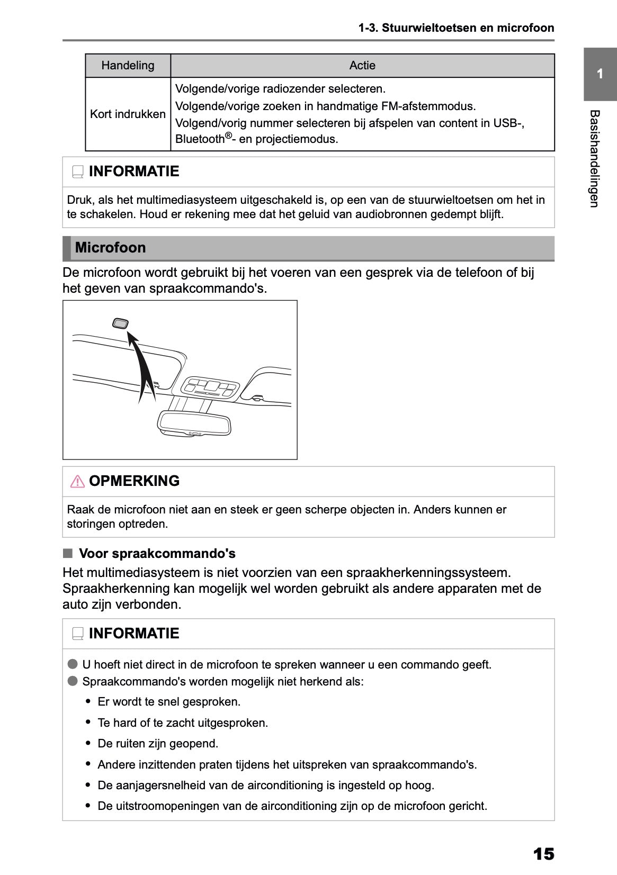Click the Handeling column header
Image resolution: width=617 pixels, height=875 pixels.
(128, 66)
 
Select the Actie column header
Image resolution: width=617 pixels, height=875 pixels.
(362, 66)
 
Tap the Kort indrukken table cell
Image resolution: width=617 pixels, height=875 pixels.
(128, 114)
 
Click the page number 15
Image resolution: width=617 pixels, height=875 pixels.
(543, 854)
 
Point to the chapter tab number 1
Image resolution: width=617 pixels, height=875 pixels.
(600, 74)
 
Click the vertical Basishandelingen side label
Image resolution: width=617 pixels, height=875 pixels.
(594, 159)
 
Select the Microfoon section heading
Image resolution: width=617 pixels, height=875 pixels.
(111, 248)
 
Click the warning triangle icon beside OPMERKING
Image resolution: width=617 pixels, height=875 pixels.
(77, 481)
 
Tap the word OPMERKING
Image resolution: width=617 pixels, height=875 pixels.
(134, 481)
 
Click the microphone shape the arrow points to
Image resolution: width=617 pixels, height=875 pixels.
(120, 323)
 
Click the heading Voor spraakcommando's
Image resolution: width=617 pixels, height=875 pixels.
(157, 554)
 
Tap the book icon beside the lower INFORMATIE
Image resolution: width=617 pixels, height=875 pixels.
(78, 634)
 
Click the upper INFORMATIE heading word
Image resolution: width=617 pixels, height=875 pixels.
(134, 172)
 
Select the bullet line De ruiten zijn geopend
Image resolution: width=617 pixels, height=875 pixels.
(158, 744)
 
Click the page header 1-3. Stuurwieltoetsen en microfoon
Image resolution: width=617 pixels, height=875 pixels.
(456, 28)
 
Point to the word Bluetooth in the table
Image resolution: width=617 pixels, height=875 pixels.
(200, 139)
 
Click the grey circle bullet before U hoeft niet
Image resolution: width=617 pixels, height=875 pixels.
(73, 664)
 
